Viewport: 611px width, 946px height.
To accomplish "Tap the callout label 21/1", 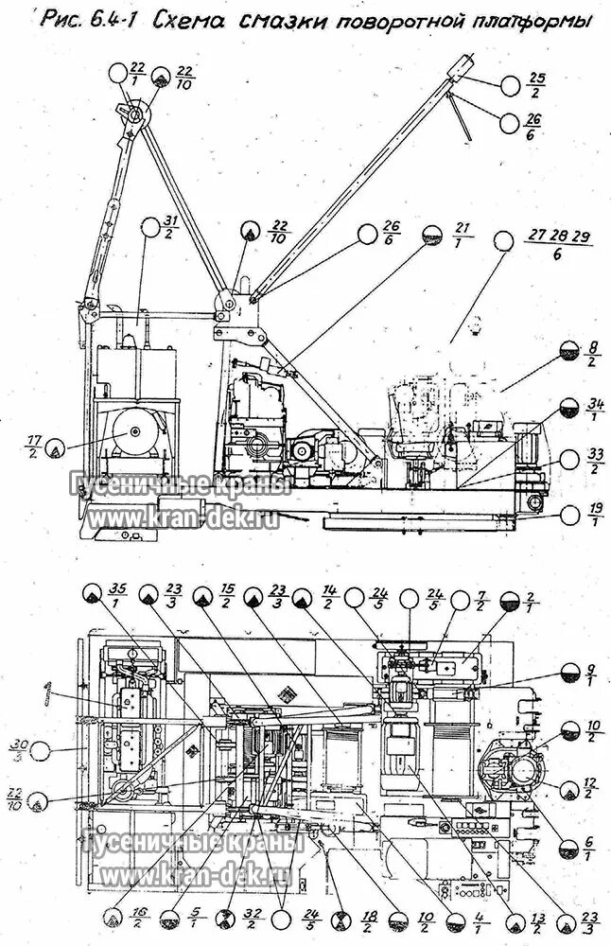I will pos(463,235).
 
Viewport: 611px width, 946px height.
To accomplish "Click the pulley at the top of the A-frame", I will pos(133,116).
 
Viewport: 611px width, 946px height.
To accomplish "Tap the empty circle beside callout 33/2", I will pos(568,460).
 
